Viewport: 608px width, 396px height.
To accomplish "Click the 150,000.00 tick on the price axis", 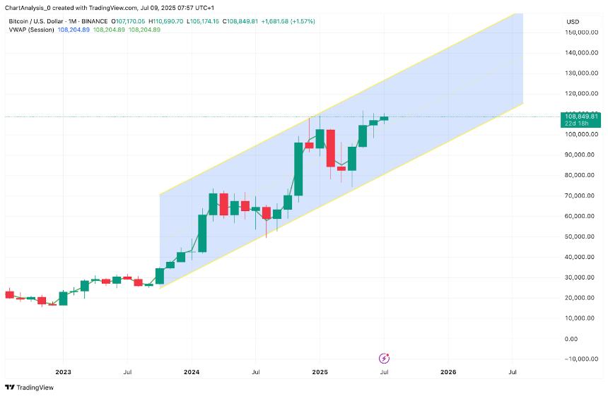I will (582, 32).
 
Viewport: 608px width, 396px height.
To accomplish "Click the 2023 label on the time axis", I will (63, 371).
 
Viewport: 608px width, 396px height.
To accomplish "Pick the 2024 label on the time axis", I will (191, 371).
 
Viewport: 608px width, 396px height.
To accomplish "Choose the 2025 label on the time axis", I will (320, 371).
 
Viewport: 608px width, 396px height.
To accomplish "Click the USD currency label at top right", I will (573, 22).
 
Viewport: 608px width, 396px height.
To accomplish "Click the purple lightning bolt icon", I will (384, 359).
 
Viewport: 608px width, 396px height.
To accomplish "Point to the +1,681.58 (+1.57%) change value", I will (288, 22).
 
